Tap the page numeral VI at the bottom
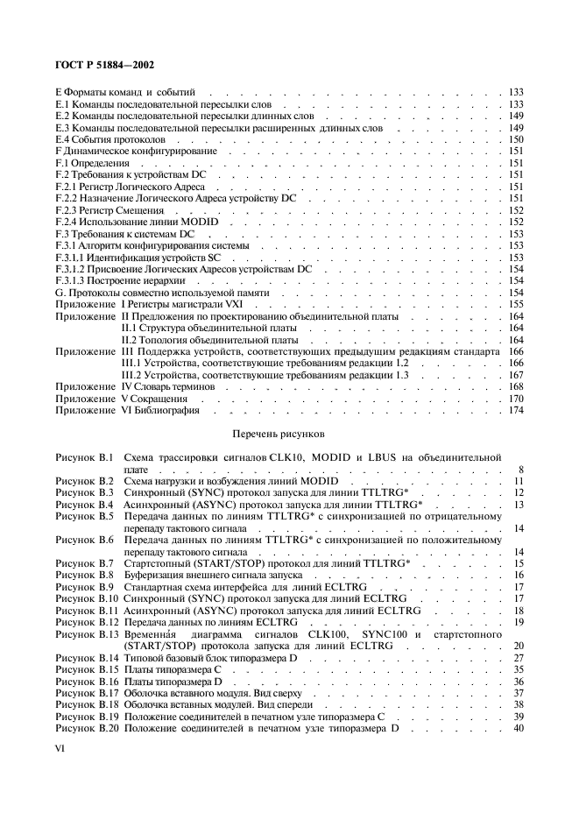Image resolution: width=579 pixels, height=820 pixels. click(x=60, y=749)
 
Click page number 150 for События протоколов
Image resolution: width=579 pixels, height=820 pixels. click(x=516, y=140)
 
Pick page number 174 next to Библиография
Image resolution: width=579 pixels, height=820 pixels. click(x=516, y=409)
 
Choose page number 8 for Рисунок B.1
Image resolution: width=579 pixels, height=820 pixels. click(x=520, y=469)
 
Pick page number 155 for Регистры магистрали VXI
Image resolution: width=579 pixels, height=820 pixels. click(x=516, y=303)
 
